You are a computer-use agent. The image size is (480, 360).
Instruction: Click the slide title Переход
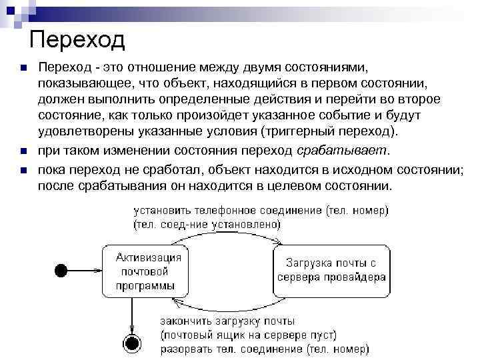(77, 41)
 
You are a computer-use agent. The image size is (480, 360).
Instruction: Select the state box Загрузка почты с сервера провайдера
(331, 271)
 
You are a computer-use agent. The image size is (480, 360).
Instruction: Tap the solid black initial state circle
(61, 270)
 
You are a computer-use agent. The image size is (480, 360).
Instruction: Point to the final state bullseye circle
(133, 343)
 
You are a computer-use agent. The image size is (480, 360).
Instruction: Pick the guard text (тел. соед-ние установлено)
(207, 224)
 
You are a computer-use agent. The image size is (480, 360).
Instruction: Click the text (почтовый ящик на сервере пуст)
(249, 334)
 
